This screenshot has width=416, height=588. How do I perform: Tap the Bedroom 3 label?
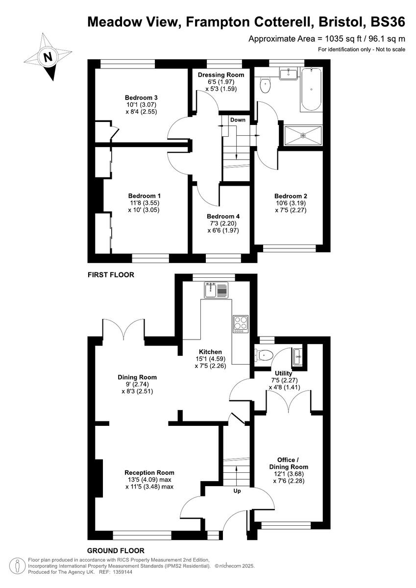pos(141,97)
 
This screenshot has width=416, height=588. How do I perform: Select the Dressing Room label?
pos(220,75)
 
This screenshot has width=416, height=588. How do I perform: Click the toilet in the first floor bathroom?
pos(265,85)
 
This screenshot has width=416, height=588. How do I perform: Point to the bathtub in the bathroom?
pos(311,90)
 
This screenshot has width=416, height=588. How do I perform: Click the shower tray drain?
pos(303,135)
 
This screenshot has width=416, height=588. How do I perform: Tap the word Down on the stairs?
pos(238,120)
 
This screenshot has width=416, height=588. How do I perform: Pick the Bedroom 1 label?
pos(141,195)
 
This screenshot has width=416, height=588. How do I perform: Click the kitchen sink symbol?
pos(217,290)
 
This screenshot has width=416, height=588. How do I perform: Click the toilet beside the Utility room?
pos(265,355)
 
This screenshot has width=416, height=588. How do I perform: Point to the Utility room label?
pos(284,373)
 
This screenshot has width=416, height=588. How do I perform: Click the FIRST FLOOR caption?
pos(111,275)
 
